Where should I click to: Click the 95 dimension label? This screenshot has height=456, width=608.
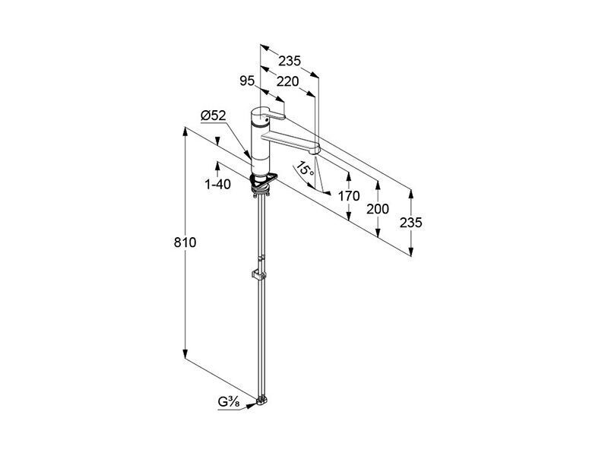pos(247,81)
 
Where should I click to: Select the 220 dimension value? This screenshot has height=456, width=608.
pos(288,81)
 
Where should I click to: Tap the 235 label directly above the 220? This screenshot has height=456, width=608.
pos(290,61)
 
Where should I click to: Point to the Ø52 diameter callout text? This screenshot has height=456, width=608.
pos(214,116)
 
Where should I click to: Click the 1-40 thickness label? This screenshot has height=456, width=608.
pos(217,184)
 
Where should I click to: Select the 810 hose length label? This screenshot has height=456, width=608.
pos(185,242)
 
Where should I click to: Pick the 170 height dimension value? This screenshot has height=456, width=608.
pos(349,196)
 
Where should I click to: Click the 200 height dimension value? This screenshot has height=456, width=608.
pos(378,210)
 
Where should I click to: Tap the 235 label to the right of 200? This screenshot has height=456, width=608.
pos(411,223)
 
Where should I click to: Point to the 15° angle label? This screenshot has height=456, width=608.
pos(305,169)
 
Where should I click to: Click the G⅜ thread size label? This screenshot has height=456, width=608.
pos(229,403)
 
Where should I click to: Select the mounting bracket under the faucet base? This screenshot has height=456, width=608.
pos(264,180)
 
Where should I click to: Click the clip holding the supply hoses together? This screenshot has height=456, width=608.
pos(258,274)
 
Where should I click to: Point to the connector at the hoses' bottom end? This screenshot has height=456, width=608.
pos(262,401)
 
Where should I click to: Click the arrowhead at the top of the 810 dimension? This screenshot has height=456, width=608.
pos(185,131)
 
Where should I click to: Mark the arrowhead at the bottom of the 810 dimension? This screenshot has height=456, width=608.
pos(185,354)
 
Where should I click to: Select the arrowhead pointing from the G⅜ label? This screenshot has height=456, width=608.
pos(251,405)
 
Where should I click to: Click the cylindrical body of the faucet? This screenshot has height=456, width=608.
pos(259,141)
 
